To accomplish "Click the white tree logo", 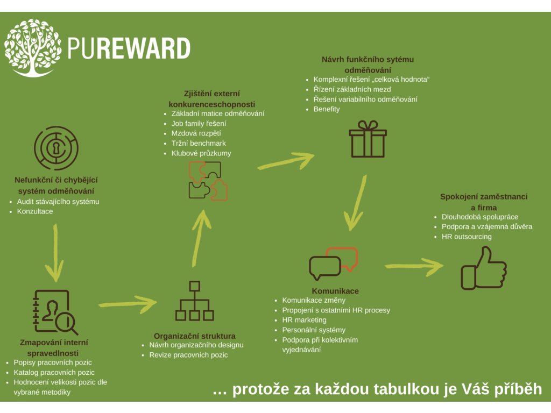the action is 32,48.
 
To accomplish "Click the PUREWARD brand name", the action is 129,48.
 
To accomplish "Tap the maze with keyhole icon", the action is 56,148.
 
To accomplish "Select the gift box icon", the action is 368,139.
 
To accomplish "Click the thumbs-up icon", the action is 484,268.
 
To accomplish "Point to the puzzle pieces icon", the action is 208,181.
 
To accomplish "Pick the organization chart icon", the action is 194,301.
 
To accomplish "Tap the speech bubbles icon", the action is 333,264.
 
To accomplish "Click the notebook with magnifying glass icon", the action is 55,312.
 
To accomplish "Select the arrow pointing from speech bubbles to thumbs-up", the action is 414,267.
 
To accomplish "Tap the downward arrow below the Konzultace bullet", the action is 55,253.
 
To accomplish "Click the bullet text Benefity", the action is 327,109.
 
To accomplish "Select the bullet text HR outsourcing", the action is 467,237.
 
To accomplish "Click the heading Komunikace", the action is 335,291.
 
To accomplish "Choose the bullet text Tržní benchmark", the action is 199,143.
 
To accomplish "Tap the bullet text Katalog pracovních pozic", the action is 54,372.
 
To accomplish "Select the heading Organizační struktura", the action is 195,336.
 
